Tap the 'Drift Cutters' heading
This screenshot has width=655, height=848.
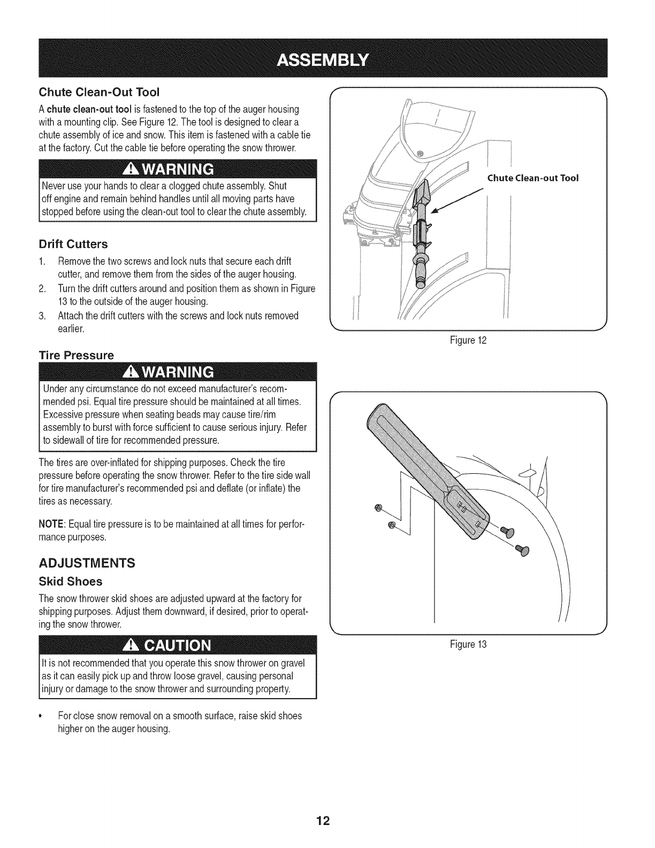tap(73, 245)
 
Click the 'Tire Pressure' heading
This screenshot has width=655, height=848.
tap(76, 355)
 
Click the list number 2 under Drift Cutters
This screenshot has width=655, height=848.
tap(42, 289)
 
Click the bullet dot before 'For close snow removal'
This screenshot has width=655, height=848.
tap(41, 716)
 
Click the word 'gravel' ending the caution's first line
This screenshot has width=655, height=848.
tap(292, 664)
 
